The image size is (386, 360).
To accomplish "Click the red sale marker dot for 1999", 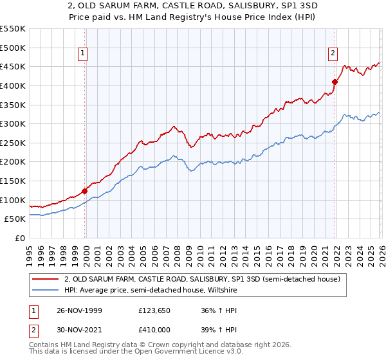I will (x=85, y=190).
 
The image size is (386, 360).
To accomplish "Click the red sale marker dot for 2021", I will (x=335, y=82).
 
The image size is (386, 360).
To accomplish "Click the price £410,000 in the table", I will (x=154, y=329).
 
